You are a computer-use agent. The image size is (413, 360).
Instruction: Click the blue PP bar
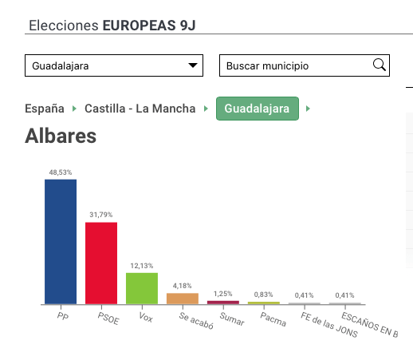[x=61, y=242]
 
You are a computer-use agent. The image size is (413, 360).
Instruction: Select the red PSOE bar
[x=101, y=263]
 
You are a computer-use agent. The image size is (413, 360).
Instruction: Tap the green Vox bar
[x=142, y=288]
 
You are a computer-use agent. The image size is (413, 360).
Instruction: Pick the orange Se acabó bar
[x=183, y=299]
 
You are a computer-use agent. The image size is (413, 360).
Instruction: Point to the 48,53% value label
[x=61, y=172]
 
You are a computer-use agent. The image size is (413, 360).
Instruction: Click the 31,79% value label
[x=101, y=215]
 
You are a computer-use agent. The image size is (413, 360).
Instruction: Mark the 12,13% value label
[x=142, y=266]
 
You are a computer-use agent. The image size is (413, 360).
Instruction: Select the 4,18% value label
[x=182, y=286]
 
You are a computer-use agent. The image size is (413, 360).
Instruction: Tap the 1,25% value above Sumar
[x=223, y=294]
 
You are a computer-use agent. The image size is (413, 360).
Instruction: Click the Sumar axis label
[x=232, y=319]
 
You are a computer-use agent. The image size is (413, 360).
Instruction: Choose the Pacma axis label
[x=273, y=319]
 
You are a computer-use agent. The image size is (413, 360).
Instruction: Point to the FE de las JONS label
[x=329, y=325]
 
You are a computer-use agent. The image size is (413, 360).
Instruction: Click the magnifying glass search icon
[x=380, y=65]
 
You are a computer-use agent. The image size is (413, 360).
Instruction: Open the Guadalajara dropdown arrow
[x=193, y=65]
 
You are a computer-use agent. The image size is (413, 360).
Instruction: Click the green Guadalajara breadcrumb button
[x=258, y=109]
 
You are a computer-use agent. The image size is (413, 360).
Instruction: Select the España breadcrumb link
[x=45, y=109]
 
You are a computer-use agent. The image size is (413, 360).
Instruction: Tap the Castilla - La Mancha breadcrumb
[x=140, y=109]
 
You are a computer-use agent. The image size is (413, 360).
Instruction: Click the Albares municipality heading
[x=61, y=136]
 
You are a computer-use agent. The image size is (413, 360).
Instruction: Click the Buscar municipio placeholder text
[x=267, y=66]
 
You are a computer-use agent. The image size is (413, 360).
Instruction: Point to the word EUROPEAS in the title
[x=140, y=26]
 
